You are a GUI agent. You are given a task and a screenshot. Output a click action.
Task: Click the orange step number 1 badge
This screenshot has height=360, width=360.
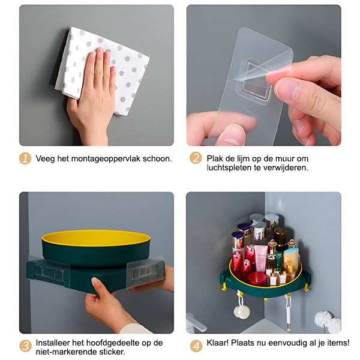[25, 158]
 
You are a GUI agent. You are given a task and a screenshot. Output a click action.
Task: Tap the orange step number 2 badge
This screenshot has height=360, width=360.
[196, 158]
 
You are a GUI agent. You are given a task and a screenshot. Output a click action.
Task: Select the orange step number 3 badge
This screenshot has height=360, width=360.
[25, 346]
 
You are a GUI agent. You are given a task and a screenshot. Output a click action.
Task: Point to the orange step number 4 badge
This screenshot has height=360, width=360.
[196, 346]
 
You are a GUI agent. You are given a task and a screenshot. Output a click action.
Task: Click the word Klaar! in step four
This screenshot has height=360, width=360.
[218, 343]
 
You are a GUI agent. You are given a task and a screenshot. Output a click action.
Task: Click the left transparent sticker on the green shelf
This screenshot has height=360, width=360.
[49, 271]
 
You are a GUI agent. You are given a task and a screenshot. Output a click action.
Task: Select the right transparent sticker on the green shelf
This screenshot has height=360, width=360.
[145, 271]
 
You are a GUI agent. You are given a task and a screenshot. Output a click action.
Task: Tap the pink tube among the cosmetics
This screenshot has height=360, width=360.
[261, 258]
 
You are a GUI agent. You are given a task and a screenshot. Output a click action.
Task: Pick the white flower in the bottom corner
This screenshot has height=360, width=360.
[328, 322]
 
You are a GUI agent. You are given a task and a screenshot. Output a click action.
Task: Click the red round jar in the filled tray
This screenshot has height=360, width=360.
[257, 279]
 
